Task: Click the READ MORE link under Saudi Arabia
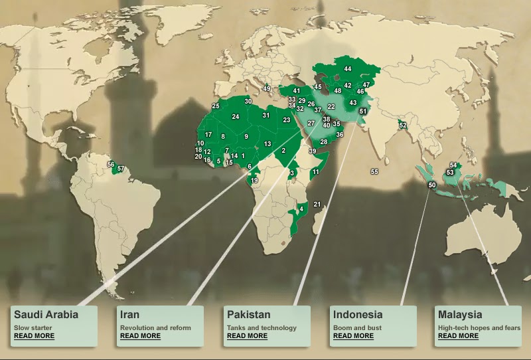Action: (34, 336)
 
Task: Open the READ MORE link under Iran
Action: (140, 336)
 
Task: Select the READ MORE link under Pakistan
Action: (247, 336)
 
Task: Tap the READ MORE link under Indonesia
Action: (353, 336)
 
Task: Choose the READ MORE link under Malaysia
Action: (458, 336)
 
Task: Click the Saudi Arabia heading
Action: (46, 315)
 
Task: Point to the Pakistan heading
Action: (248, 315)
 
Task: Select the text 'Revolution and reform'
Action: (155, 327)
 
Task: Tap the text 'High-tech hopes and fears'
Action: (479, 327)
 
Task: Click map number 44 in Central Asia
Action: (347, 69)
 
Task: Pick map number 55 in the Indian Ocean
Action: (374, 172)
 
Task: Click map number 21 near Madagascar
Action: (317, 205)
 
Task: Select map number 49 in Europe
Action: (267, 89)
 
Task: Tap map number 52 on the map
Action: (402, 126)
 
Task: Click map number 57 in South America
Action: (120, 169)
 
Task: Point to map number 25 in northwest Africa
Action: (216, 106)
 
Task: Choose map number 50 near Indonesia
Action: (432, 185)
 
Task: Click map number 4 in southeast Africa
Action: (302, 209)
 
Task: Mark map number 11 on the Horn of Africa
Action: (316, 172)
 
